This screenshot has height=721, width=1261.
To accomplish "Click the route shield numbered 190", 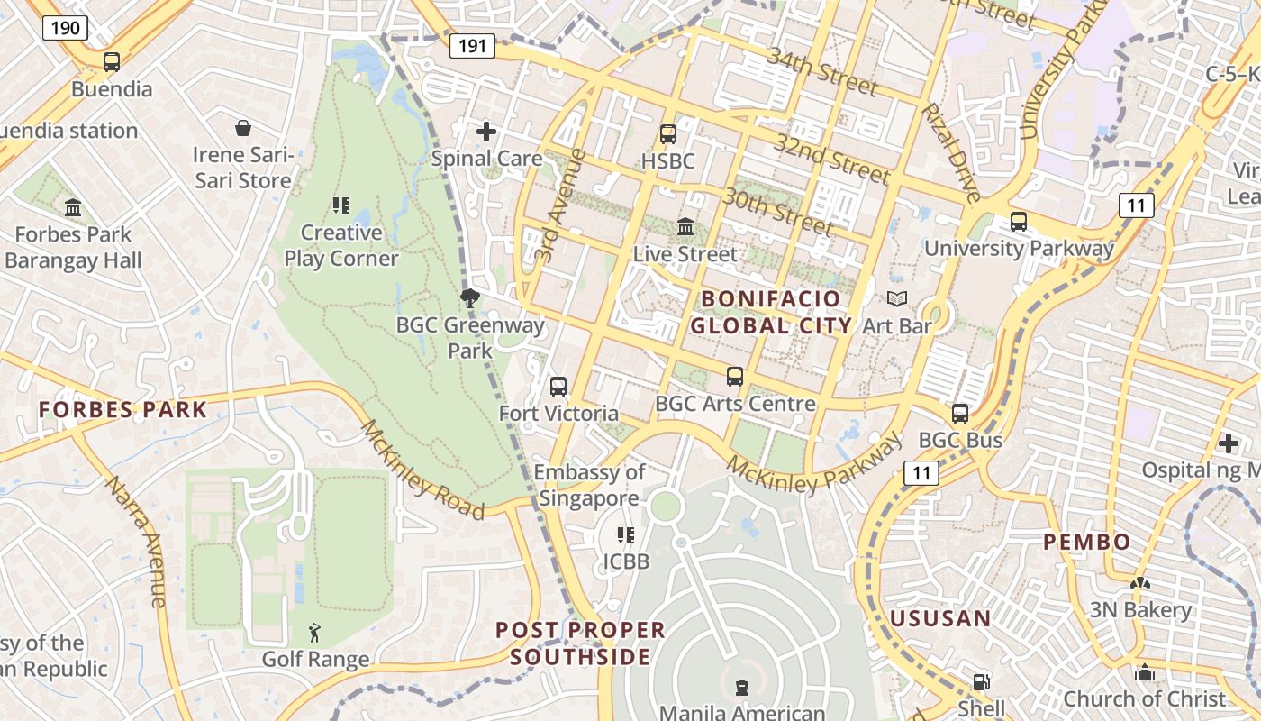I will tap(65, 28).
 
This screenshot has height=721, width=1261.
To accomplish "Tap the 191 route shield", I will tap(472, 46).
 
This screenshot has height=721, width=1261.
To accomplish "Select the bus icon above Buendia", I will tap(112, 62).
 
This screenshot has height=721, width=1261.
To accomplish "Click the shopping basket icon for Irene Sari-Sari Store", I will tap(243, 128).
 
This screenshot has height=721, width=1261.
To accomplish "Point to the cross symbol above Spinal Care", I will tap(486, 132).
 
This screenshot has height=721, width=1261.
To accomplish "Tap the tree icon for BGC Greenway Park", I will tap(469, 297).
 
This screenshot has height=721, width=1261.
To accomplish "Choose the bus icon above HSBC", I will tap(668, 134).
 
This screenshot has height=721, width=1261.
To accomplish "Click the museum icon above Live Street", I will tap(685, 226).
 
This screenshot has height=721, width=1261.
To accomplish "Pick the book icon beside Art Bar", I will tap(897, 298).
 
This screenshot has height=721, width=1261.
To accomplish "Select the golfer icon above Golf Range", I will tap(314, 633).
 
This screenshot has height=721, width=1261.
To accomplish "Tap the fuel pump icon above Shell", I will tap(982, 682).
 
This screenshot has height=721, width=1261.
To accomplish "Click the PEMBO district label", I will tap(1086, 542).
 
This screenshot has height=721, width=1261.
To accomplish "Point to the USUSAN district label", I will tap(940, 618).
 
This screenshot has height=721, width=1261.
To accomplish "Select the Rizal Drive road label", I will tap(951, 152).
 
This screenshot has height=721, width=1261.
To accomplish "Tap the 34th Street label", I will tap(821, 71).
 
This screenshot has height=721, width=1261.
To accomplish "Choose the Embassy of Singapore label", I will tap(589, 485).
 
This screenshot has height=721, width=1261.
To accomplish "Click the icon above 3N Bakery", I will tap(1140, 584).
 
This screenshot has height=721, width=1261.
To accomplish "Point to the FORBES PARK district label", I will tap(122, 409).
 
